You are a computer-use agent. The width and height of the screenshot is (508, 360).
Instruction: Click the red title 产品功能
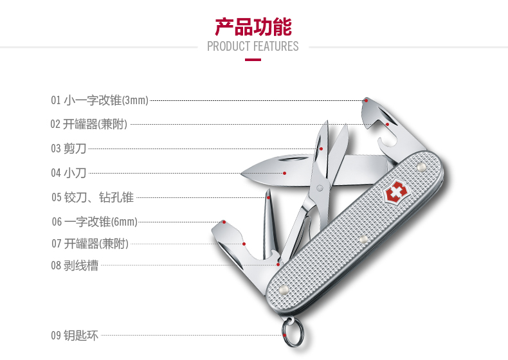click(253, 26)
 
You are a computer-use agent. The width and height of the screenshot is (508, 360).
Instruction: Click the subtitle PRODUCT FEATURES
click(253, 46)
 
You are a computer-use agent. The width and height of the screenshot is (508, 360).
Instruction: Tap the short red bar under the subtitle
click(253, 60)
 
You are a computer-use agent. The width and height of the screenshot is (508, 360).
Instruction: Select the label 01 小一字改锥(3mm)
click(100, 100)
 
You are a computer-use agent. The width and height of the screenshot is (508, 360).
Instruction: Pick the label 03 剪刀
click(69, 148)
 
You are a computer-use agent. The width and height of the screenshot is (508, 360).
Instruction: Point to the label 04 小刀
click(69, 172)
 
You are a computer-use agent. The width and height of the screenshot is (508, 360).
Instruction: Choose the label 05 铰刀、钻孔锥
click(93, 197)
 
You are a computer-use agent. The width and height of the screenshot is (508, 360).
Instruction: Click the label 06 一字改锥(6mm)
click(95, 222)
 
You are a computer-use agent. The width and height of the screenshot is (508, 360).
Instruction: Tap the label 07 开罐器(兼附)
click(90, 244)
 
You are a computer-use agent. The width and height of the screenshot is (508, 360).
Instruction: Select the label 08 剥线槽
click(75, 265)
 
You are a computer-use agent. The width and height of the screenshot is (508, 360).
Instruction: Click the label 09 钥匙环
click(75, 335)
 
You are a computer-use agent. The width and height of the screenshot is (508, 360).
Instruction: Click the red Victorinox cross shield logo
click(394, 194)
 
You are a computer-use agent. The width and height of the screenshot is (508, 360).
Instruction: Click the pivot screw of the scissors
click(319, 188)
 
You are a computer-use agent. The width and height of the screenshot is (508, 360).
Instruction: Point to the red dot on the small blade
click(284, 172)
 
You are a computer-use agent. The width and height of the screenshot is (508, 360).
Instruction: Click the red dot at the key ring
click(284, 334)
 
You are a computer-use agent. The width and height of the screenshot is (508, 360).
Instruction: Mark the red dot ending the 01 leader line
click(366, 100)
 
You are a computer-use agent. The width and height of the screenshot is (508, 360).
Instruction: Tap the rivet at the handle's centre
click(363, 239)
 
